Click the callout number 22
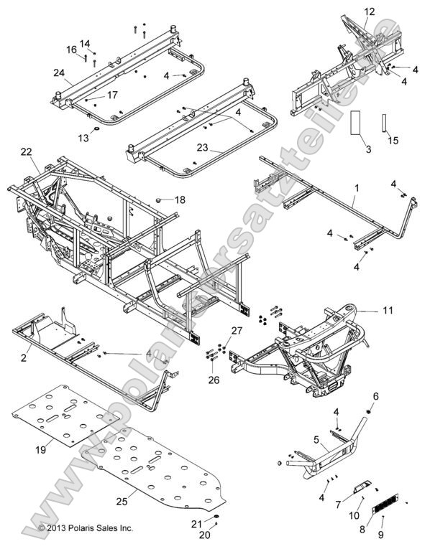coord(26,151)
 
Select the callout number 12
coord(369,11)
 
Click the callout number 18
coord(179,199)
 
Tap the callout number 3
coord(368,149)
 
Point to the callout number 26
coord(214,380)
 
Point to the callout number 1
coord(355,188)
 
